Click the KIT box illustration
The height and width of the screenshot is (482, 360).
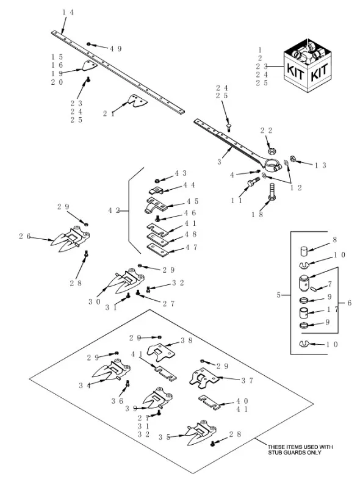tap(307, 66)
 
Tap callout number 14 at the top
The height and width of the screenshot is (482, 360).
tap(68, 12)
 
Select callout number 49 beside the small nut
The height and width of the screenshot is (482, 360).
tap(115, 49)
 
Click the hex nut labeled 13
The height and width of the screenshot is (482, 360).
tap(293, 159)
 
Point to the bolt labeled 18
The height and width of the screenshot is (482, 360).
tap(272, 192)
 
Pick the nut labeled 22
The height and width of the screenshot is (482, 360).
tap(271, 151)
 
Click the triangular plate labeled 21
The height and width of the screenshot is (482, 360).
tap(137, 100)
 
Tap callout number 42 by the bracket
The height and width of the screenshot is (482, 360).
tap(113, 210)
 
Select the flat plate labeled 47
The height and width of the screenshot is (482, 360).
tap(157, 249)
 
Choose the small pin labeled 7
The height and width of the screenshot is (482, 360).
tap(313, 289)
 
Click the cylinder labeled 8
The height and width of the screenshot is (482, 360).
tap(304, 251)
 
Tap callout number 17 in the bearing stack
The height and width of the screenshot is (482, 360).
tap(333, 309)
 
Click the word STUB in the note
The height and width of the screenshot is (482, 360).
tap(275, 453)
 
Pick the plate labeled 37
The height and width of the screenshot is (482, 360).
tap(204, 377)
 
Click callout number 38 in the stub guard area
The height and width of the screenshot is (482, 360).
tap(187, 340)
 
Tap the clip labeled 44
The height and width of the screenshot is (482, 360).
tap(156, 190)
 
